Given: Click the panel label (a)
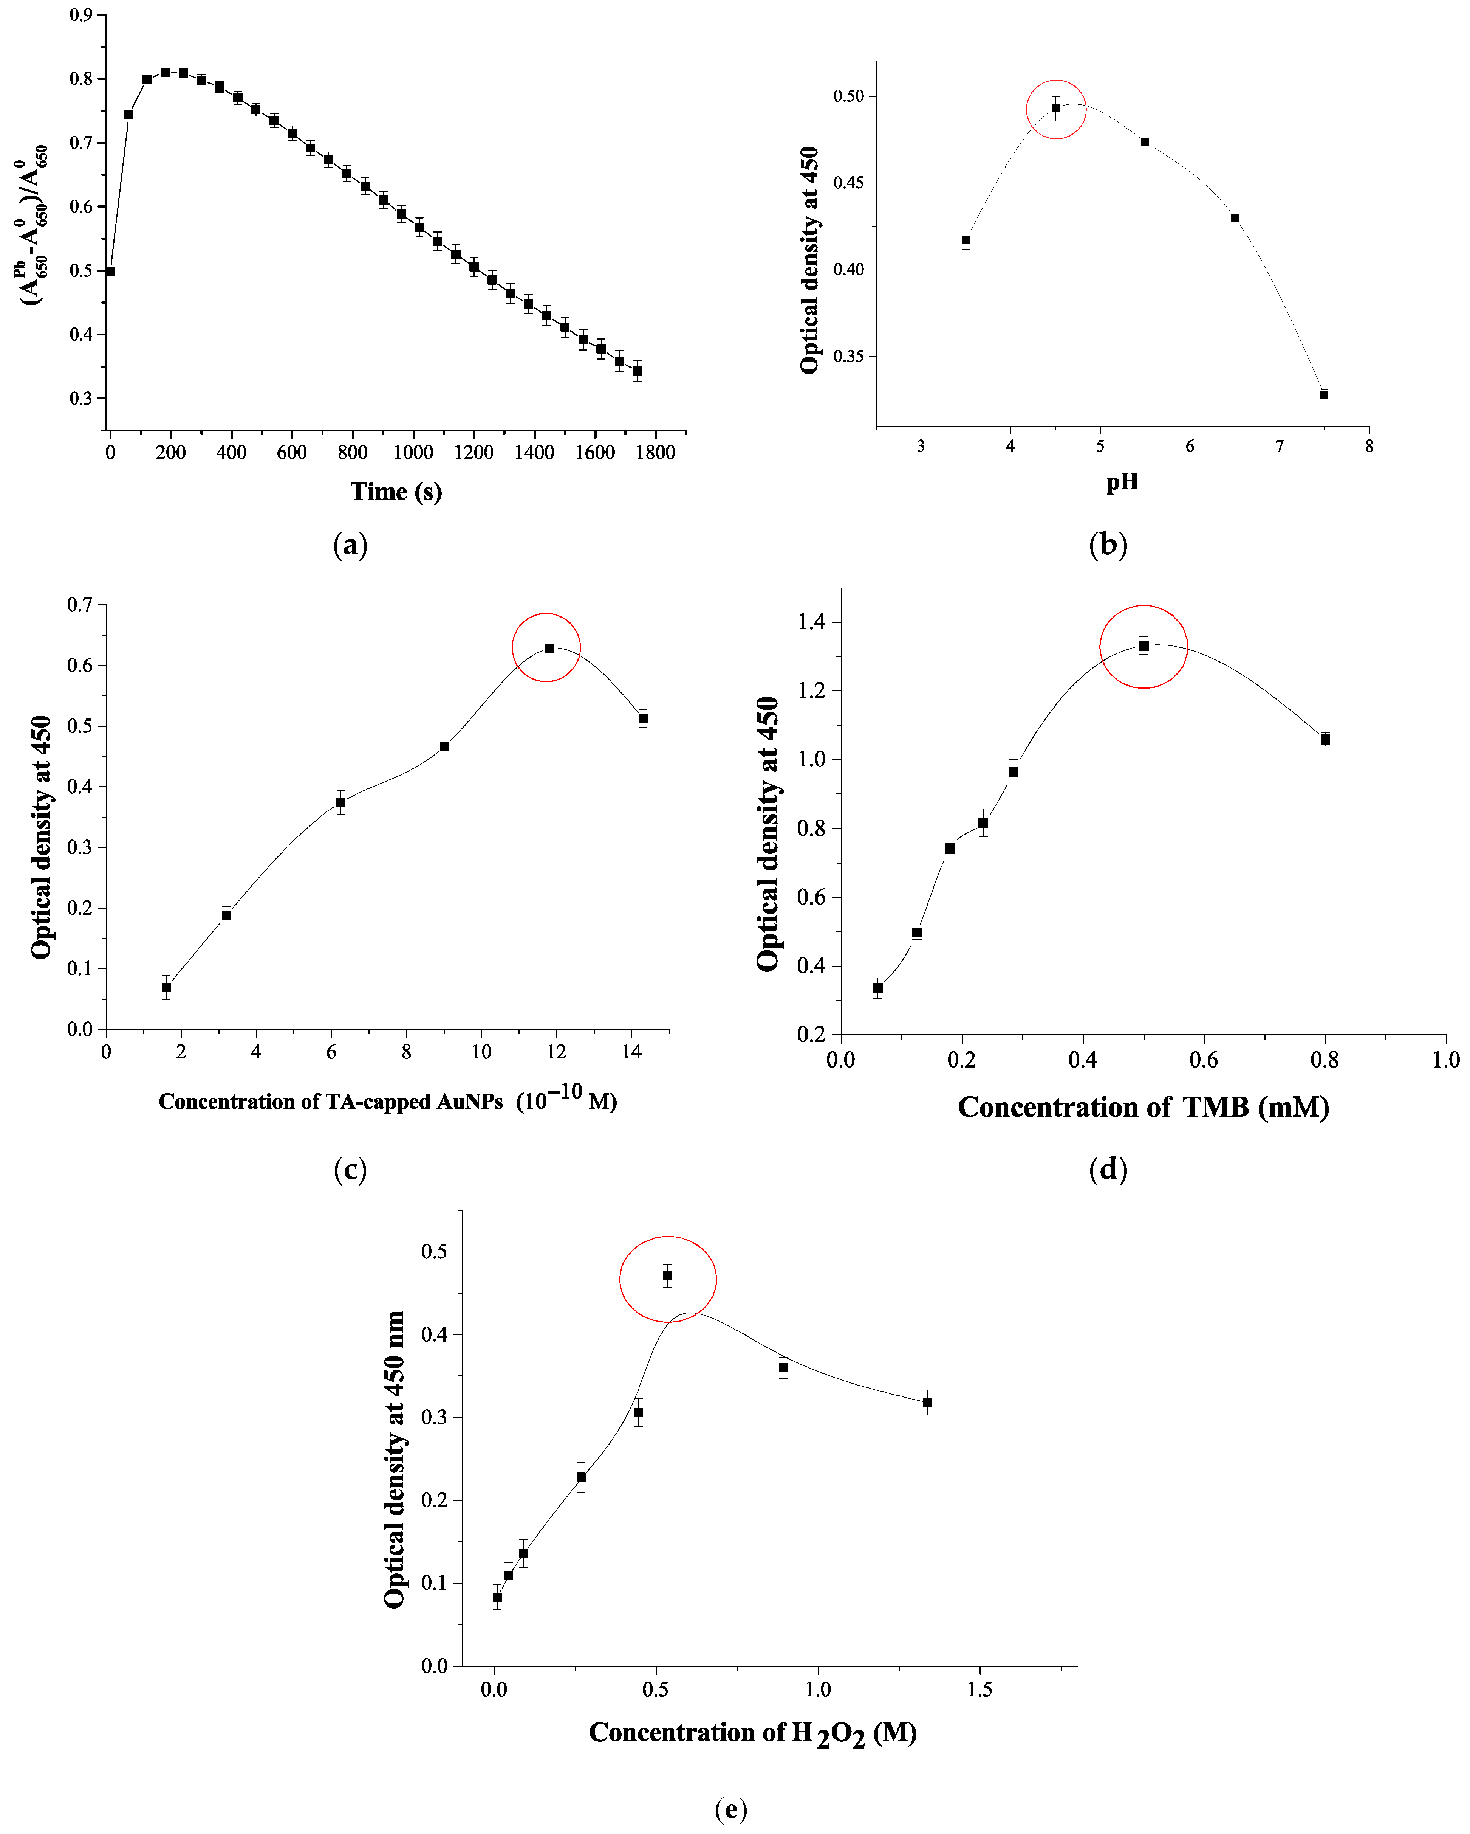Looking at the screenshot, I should [x=350, y=545].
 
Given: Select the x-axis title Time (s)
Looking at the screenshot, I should [x=396, y=492].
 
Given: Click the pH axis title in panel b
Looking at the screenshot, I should [x=1122, y=482].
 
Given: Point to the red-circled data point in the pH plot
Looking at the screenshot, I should [x=1056, y=108].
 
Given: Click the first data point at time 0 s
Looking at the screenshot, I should [x=110, y=272].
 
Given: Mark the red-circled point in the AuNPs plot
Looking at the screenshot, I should [x=549, y=648].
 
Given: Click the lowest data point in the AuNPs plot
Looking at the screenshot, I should [x=167, y=988].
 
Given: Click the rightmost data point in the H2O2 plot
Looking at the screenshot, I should [x=928, y=1403].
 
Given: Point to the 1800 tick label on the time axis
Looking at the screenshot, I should [x=656, y=453].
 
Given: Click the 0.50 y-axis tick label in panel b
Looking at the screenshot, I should [x=848, y=96].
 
